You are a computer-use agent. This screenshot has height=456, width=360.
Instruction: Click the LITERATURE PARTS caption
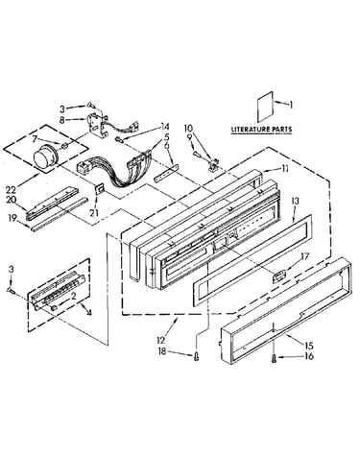point(261,130)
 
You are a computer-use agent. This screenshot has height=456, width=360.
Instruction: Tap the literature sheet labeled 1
point(266,107)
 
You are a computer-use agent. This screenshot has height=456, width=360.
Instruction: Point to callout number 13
point(295,201)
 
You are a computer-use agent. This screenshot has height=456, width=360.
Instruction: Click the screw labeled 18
point(197,356)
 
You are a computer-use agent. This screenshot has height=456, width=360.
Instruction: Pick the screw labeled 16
point(274,359)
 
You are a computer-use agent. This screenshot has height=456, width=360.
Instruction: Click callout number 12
point(160,340)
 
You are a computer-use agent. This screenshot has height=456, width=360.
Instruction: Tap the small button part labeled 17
point(279,276)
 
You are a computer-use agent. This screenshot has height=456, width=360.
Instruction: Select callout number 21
point(94,212)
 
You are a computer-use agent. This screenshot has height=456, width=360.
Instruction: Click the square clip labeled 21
point(100,189)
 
